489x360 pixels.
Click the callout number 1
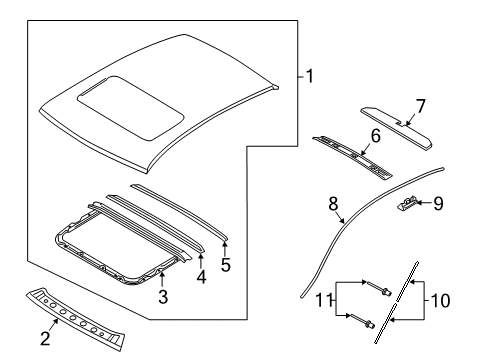tap(309, 76)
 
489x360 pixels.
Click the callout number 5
tap(225, 266)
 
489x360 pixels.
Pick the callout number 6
tap(376, 135)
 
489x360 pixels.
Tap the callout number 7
tap(420, 104)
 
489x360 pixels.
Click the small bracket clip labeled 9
tap(409, 205)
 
